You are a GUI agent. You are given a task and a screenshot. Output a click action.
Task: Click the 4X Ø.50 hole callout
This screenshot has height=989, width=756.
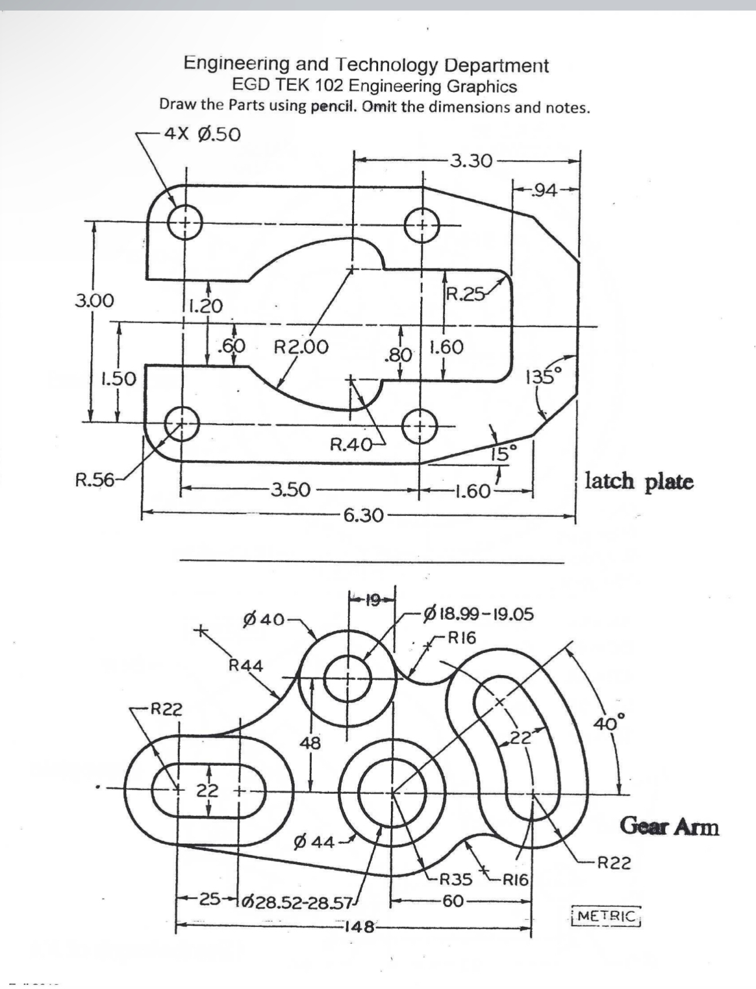click(202, 134)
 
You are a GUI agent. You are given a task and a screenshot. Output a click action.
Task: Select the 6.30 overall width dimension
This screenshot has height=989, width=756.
click(363, 515)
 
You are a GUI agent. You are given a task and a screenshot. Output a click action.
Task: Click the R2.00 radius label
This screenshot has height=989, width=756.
click(301, 347)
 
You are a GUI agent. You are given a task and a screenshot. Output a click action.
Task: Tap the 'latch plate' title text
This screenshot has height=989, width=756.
click(639, 481)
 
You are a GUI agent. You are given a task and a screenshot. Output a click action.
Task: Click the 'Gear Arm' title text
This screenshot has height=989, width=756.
click(669, 827)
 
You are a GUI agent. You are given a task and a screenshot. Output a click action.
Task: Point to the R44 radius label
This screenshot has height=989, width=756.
click(246, 665)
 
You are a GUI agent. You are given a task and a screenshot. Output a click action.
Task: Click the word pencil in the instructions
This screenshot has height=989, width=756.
click(334, 107)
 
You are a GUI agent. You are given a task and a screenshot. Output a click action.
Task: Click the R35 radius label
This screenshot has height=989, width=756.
click(455, 879)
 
